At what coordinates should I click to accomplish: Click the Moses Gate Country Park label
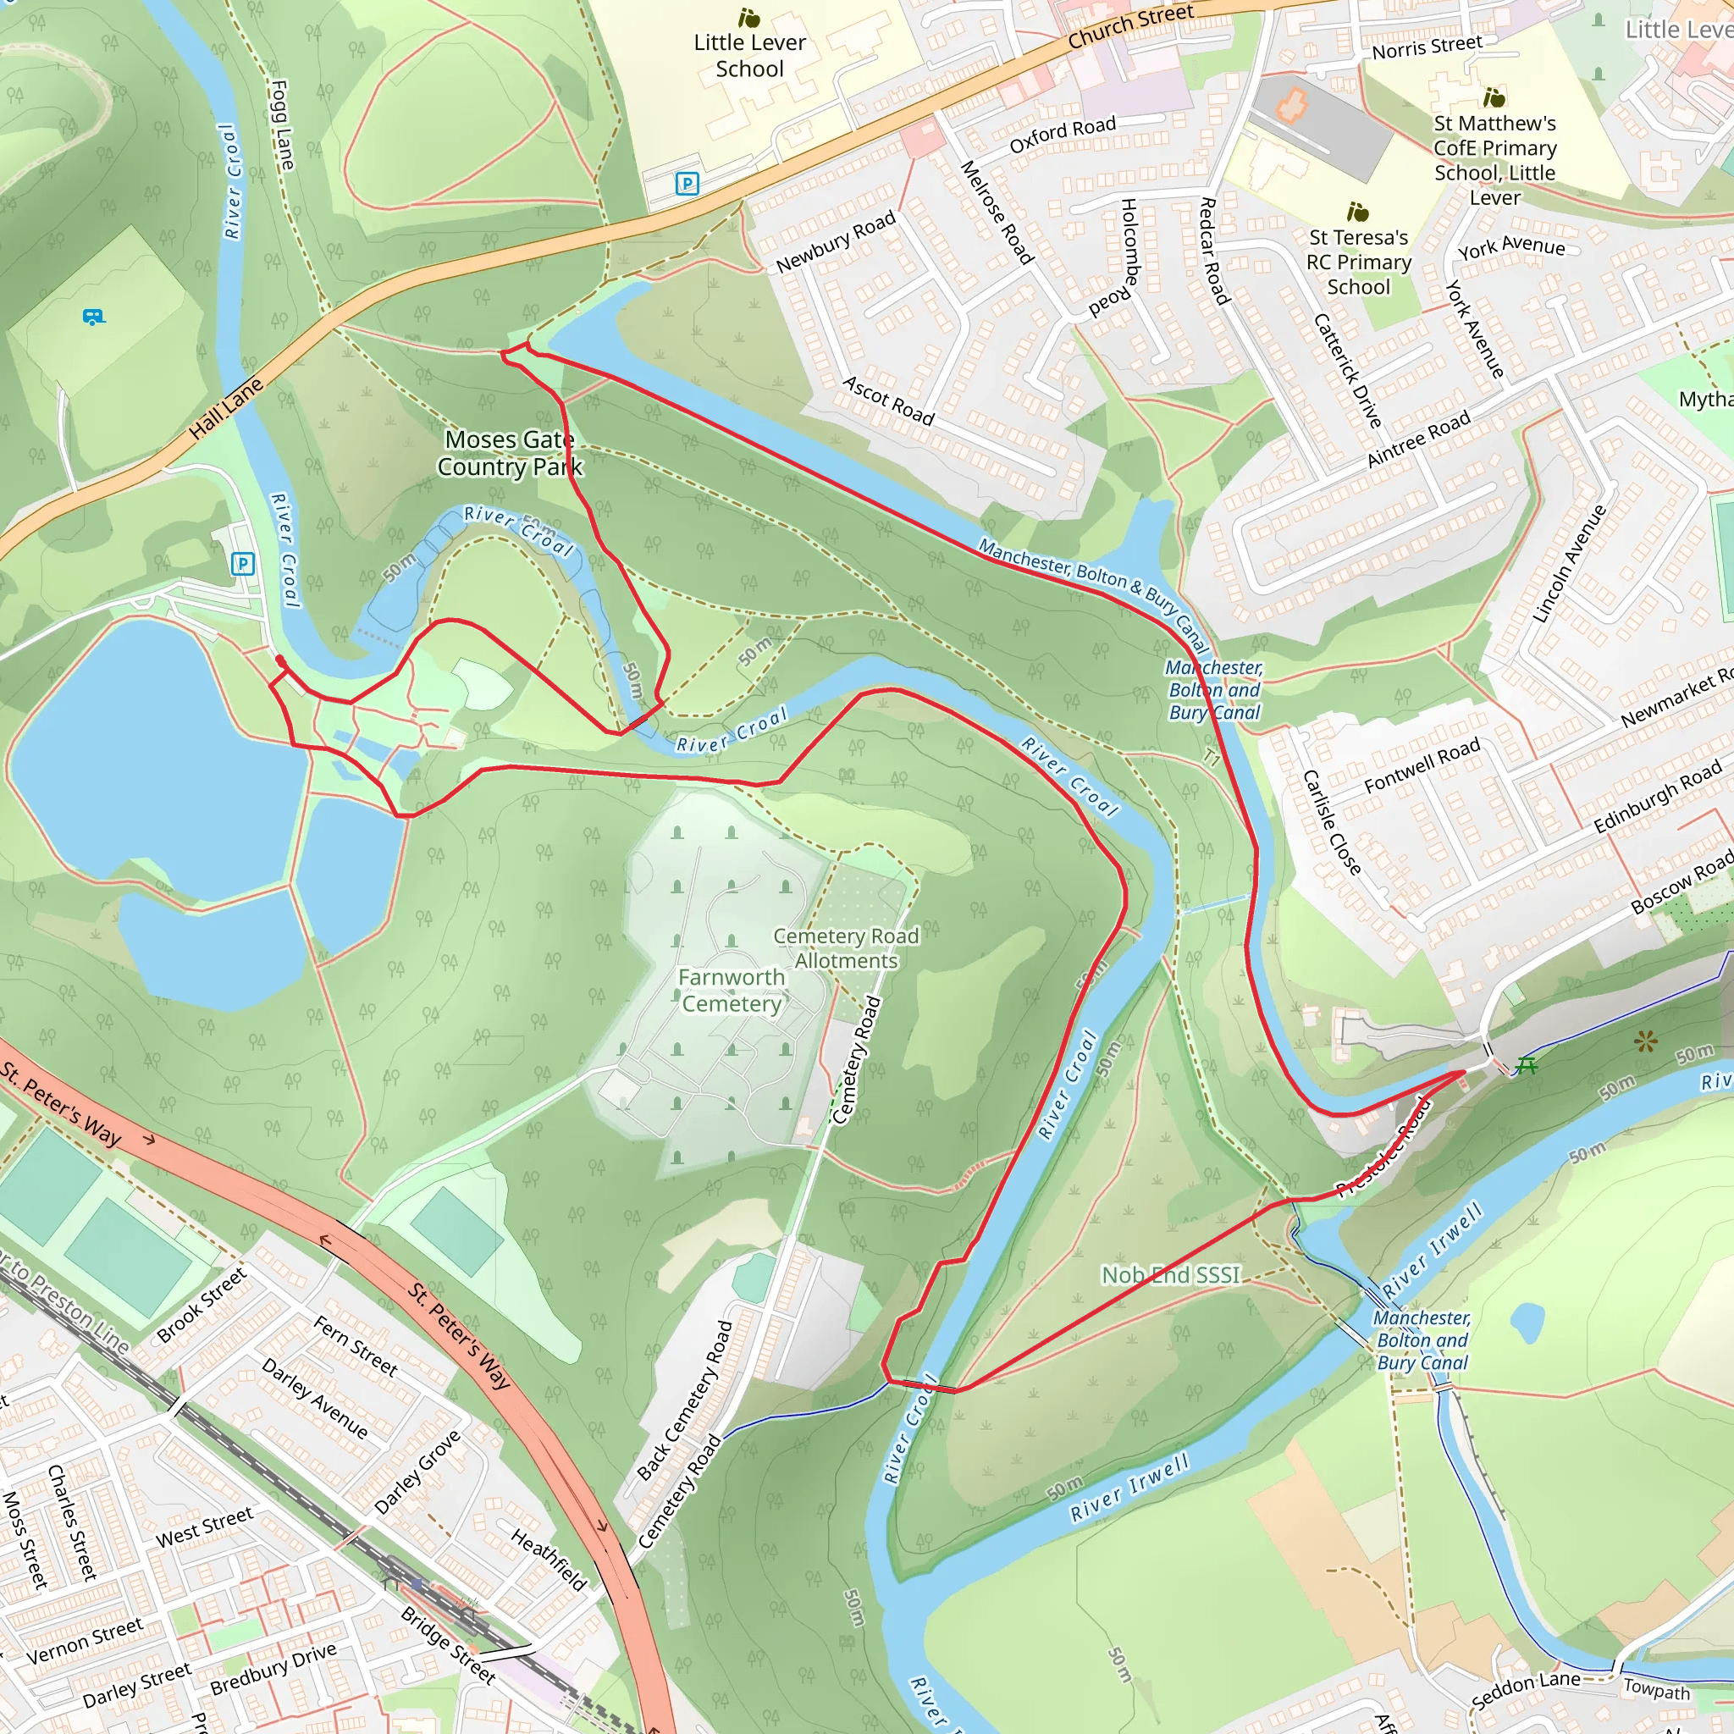[x=509, y=453]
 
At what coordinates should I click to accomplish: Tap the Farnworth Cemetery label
[x=732, y=990]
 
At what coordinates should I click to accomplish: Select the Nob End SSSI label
[x=1170, y=1274]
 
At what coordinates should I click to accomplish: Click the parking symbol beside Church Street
[x=687, y=184]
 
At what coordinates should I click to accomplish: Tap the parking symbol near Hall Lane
[x=242, y=564]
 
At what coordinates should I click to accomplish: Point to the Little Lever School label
[x=749, y=56]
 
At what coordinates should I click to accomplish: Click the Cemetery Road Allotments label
[x=846, y=947]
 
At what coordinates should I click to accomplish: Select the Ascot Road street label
[x=887, y=400]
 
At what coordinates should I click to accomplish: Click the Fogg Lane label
[x=282, y=125]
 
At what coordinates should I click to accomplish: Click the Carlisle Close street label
[x=1332, y=821]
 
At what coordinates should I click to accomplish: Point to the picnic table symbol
[x=1527, y=1065]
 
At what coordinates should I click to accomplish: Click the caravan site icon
[x=93, y=317]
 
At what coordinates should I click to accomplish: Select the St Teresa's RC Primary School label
[x=1358, y=262]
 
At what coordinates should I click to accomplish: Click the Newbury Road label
[x=836, y=241]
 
